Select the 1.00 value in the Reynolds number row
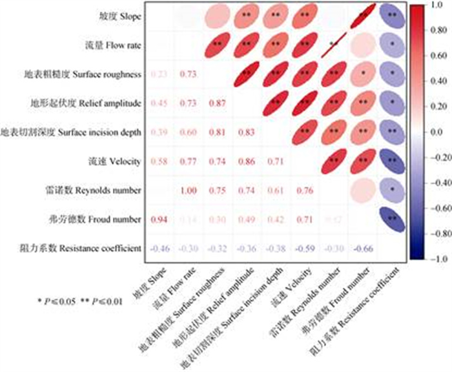tap(188, 191)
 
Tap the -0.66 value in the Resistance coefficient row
tap(362, 249)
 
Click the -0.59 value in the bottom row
tap(304, 249)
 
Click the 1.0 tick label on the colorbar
tap(435, 5)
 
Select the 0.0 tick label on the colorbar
tap(435, 132)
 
